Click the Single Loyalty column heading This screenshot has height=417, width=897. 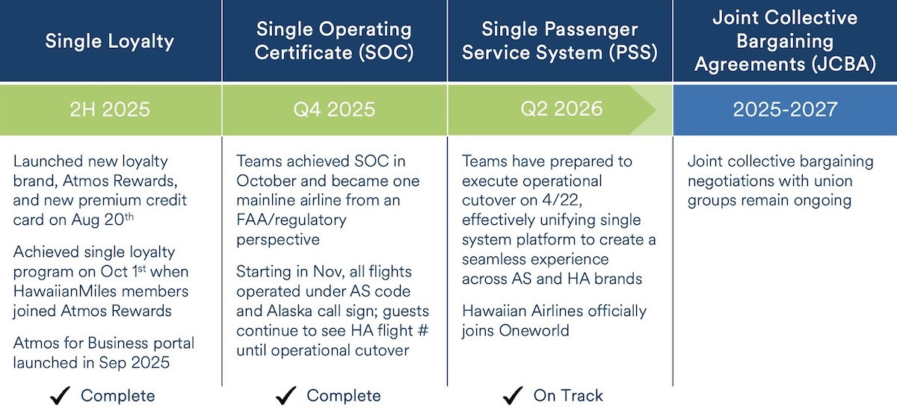[x=109, y=41]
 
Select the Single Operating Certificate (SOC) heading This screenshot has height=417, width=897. [x=334, y=41]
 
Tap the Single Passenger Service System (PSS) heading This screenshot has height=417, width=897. [x=560, y=41]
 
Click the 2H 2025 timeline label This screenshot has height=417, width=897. [x=110, y=110]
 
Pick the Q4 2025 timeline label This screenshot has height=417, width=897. [x=334, y=110]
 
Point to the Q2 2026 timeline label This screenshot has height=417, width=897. [x=561, y=109]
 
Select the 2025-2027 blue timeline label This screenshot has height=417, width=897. [x=785, y=110]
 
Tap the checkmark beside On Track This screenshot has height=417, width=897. [x=512, y=396]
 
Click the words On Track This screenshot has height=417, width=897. [x=568, y=396]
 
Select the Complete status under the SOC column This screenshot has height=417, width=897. [x=343, y=396]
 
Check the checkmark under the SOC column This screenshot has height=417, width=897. [x=286, y=396]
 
